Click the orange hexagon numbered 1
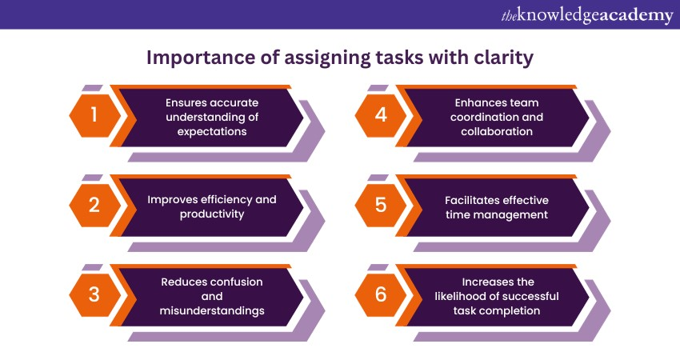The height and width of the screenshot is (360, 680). [94, 115]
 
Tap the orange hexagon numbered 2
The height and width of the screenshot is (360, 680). [94, 205]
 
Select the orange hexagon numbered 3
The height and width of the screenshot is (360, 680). [94, 295]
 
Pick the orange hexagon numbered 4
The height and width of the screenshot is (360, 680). [380, 115]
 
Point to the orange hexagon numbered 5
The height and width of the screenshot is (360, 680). [380, 205]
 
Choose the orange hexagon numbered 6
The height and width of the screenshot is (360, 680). [380, 295]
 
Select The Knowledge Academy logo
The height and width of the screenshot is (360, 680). [587, 15]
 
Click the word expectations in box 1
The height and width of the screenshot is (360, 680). [212, 132]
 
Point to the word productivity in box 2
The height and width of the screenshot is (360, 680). [212, 214]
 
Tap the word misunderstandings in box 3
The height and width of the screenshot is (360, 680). [212, 311]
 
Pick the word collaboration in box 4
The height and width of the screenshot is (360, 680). [497, 131]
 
